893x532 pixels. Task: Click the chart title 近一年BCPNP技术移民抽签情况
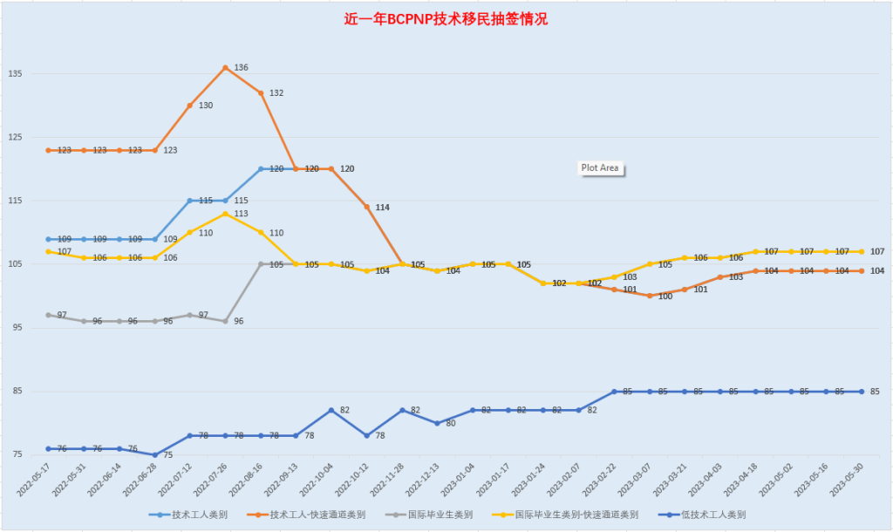(x=446, y=19)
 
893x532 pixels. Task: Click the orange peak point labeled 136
(x=225, y=67)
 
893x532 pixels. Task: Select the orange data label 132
(x=276, y=93)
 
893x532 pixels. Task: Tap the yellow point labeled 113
(x=225, y=214)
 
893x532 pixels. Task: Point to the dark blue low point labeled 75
(x=154, y=454)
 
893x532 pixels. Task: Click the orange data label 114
(x=382, y=208)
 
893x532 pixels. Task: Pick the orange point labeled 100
(x=649, y=296)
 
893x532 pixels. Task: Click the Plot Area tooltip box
(x=601, y=168)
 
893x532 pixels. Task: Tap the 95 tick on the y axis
(x=15, y=328)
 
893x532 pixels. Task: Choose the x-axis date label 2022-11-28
(x=385, y=481)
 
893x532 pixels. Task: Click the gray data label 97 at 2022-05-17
(x=63, y=315)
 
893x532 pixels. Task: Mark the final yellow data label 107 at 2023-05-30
(x=877, y=251)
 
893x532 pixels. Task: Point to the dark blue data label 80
(x=451, y=423)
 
